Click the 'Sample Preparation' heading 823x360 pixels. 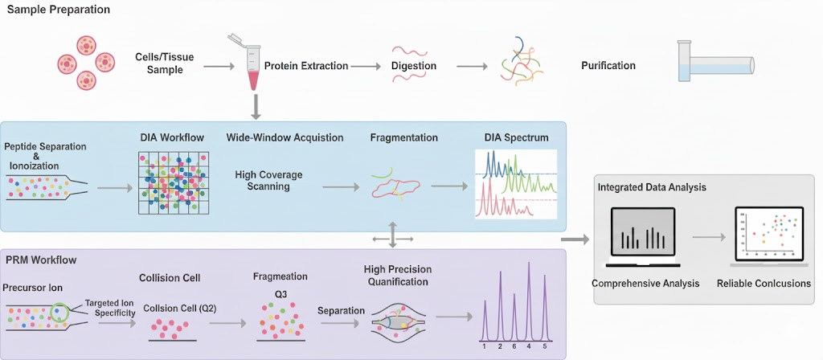point(59,10)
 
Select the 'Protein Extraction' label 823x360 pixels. point(306,66)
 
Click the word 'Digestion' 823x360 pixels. point(414,66)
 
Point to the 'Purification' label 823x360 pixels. point(608,66)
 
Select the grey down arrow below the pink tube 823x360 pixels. point(255,105)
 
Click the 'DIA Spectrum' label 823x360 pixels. point(515,137)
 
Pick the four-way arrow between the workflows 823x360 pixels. point(393,236)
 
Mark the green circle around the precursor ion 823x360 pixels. point(59,311)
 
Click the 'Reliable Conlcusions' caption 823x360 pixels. point(764,284)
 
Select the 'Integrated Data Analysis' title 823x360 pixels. point(652,187)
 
